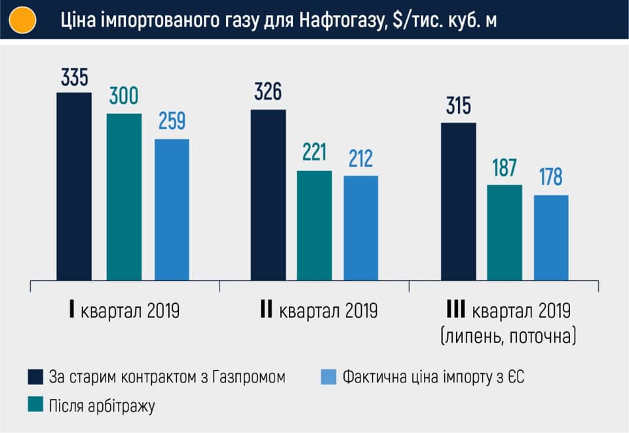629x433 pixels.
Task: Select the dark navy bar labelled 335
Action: coord(74,186)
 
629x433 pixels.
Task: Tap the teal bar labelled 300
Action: coord(124,197)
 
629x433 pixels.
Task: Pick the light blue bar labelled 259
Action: coord(172,209)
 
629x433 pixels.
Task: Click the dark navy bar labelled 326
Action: coord(268,195)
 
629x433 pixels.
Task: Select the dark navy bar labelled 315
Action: coord(459,201)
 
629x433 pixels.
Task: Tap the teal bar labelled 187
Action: coord(505,232)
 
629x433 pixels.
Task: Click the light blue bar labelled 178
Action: coord(551,237)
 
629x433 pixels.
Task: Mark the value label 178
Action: coord(551,178)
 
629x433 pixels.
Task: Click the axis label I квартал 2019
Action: coord(124,310)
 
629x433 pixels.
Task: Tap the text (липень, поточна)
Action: coord(509,337)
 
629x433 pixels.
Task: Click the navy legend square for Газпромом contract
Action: coord(35,377)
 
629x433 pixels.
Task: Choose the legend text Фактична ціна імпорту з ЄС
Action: coord(434,377)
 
